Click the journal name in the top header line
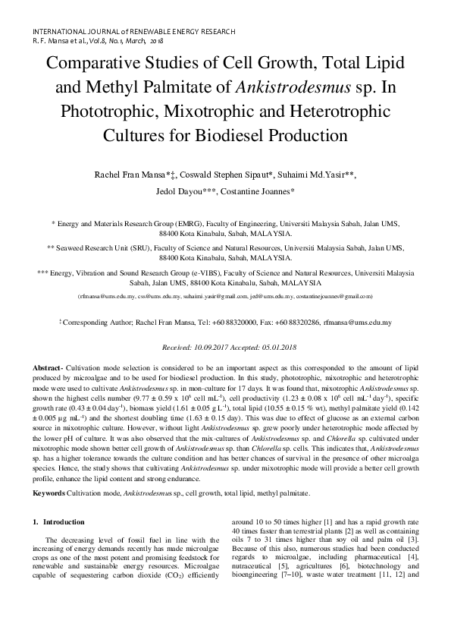134,31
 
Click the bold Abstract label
48,367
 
